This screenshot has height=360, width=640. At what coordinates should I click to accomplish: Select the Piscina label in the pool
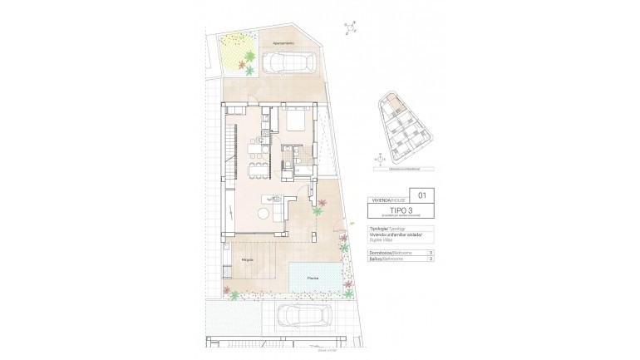(x=313, y=278)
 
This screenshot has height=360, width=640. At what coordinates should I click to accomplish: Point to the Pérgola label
(x=247, y=260)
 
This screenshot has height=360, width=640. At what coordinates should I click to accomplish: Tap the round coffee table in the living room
(x=263, y=213)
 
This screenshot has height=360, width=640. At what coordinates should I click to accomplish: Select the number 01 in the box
(x=421, y=196)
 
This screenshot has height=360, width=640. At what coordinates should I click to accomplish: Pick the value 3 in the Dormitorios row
(x=430, y=252)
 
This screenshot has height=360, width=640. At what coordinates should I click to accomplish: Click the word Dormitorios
(x=378, y=252)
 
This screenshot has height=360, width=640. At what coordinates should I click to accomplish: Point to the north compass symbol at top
(x=352, y=29)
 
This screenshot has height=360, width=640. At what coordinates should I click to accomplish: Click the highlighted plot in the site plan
(x=395, y=106)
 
